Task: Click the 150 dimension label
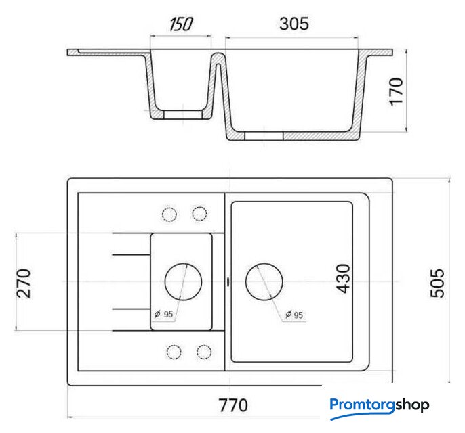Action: (x=181, y=24)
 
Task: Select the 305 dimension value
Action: (x=294, y=24)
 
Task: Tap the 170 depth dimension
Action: (x=397, y=91)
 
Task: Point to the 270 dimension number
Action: (x=24, y=283)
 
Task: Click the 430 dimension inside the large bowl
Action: (x=344, y=279)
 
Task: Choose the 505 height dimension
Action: (x=437, y=283)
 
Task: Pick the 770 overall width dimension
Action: (x=233, y=405)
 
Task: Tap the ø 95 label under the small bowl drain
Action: (x=164, y=314)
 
